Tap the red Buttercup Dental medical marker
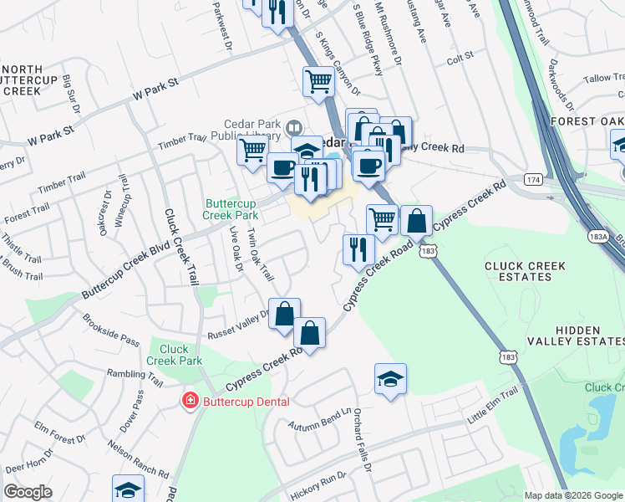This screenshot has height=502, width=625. click(x=191, y=402)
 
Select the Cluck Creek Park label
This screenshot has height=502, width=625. click(x=175, y=355)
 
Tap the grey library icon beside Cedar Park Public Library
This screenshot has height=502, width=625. click(x=292, y=129)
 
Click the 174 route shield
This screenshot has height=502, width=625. click(x=533, y=180)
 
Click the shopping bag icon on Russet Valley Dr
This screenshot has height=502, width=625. click(x=284, y=314)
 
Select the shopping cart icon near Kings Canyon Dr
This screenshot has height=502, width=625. click(x=318, y=82)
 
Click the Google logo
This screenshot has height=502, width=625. click(x=28, y=492)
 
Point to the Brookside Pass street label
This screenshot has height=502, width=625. click(x=110, y=329)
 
